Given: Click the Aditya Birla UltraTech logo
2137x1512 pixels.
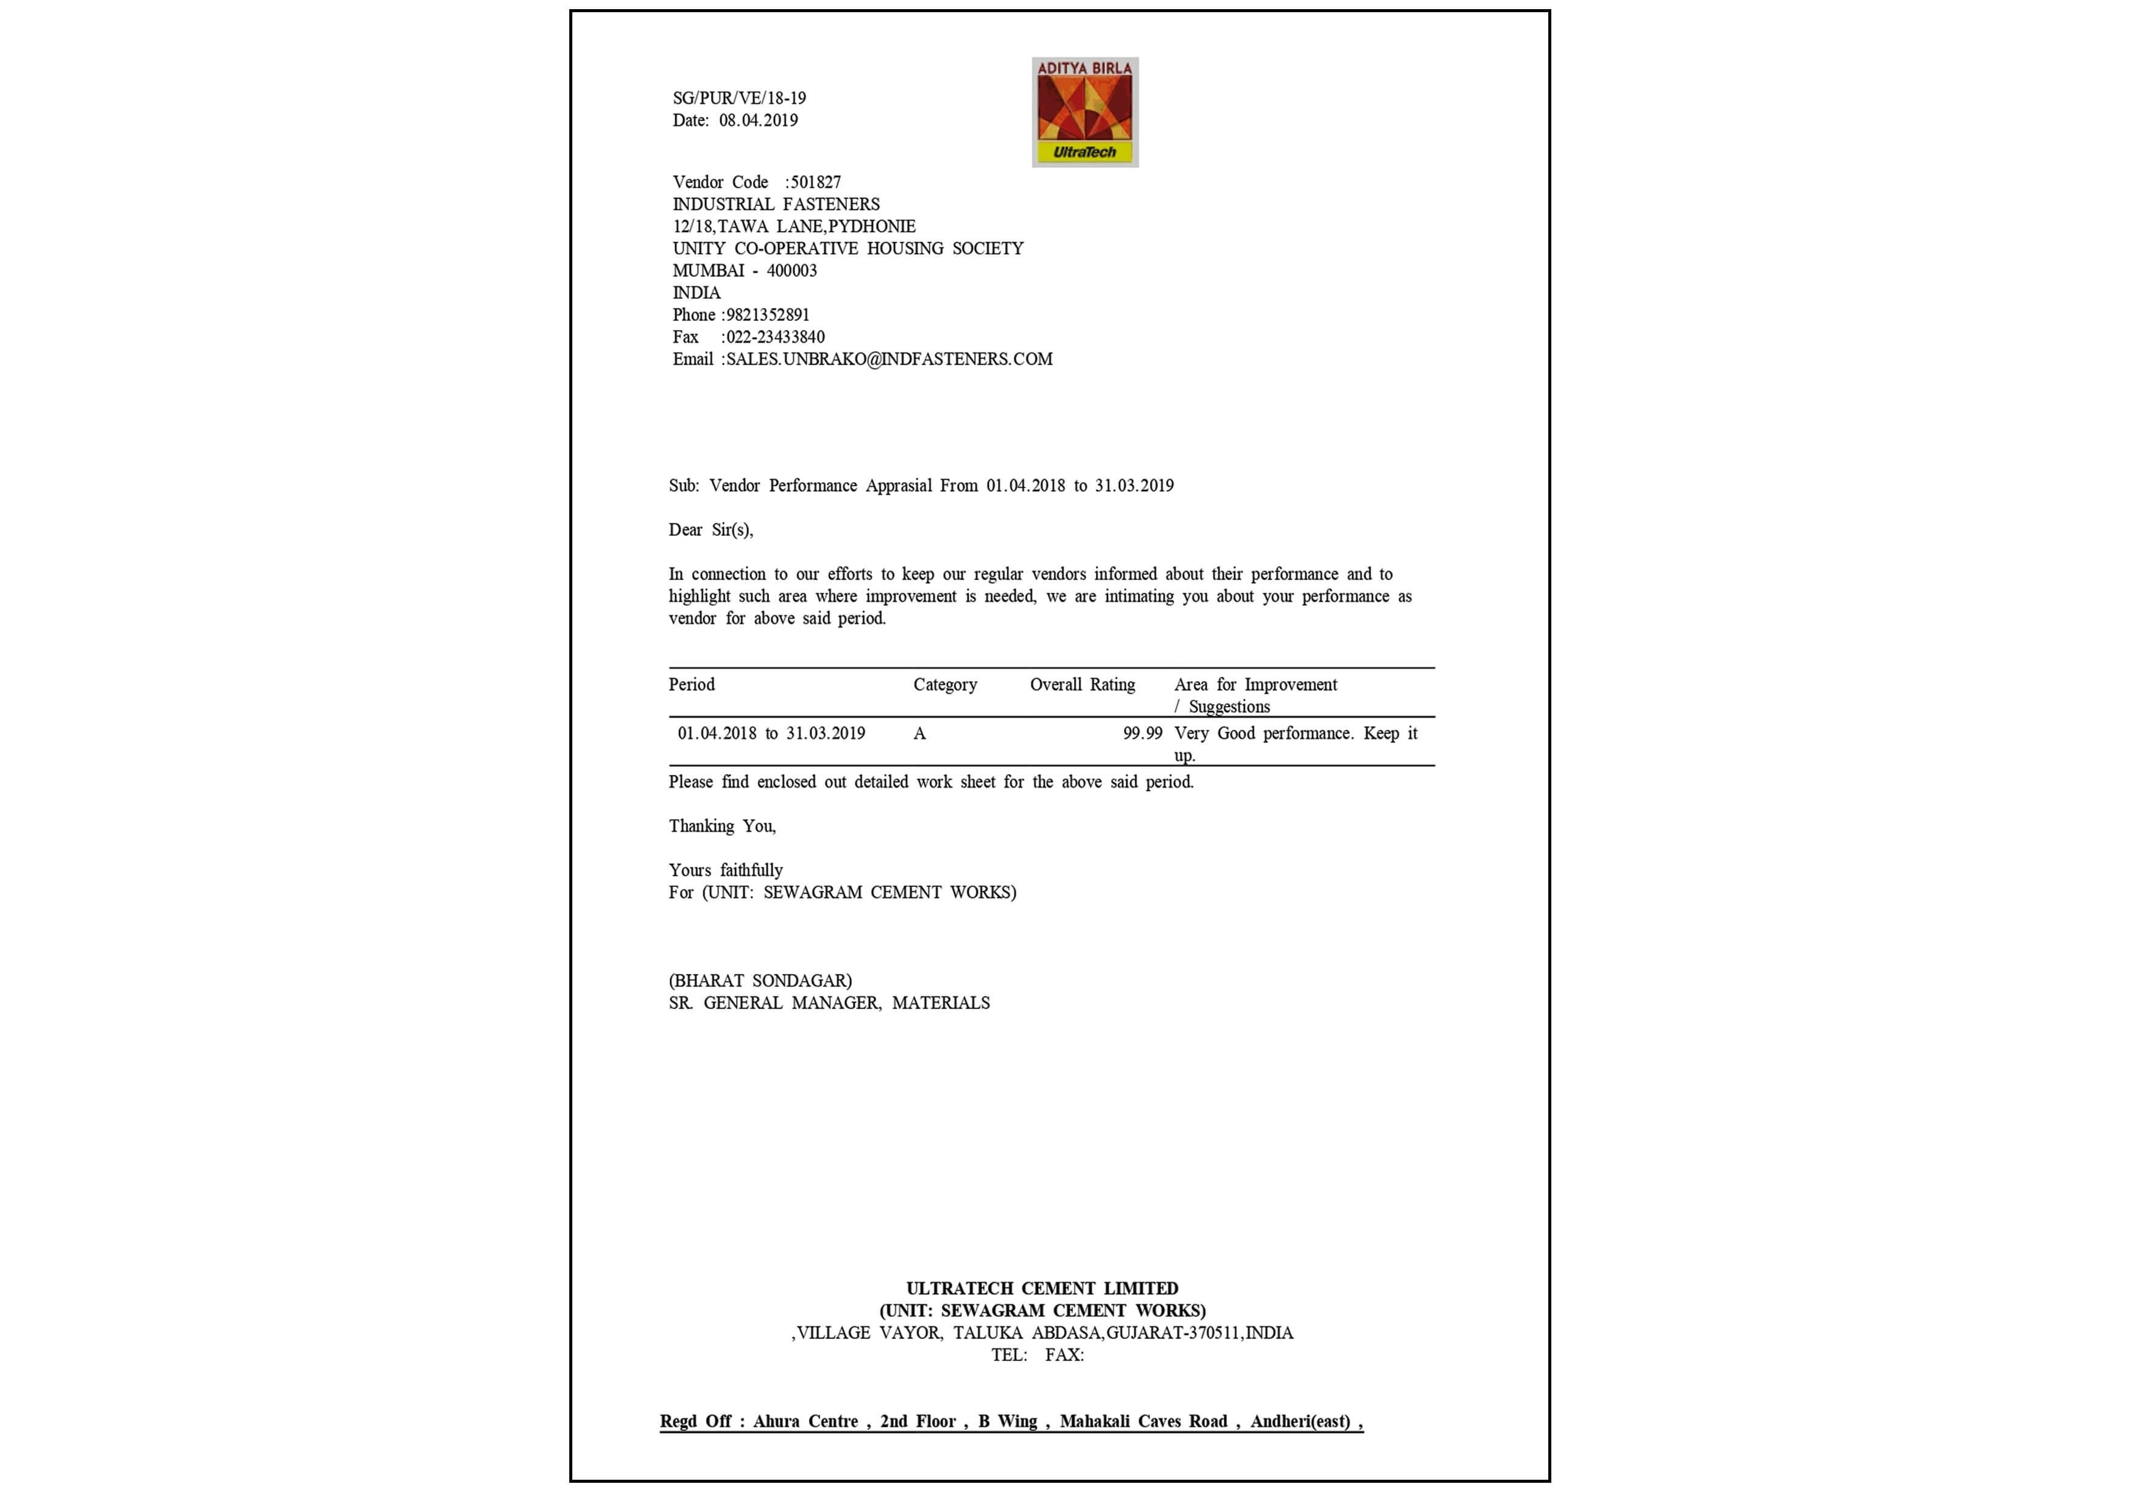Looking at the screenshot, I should pyautogui.click(x=1085, y=112).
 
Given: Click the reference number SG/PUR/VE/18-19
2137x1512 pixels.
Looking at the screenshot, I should pyautogui.click(x=739, y=98).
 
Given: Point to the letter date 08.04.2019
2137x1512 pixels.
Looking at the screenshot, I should pyautogui.click(x=758, y=120).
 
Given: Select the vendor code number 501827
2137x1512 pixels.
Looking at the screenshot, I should pyautogui.click(x=816, y=181).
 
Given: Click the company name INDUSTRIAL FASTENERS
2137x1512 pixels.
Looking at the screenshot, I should pyautogui.click(x=776, y=204).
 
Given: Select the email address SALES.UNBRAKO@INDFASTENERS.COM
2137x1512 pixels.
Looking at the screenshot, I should pyautogui.click(x=890, y=359).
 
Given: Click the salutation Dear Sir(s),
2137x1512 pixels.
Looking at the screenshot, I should pyautogui.click(x=711, y=530).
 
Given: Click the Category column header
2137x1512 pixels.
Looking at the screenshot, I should pyautogui.click(x=945, y=684).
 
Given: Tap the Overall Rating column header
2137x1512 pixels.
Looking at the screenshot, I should pyautogui.click(x=1082, y=684).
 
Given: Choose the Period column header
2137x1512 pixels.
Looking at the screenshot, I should pyautogui.click(x=692, y=684).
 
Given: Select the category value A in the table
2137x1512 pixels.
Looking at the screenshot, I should pyautogui.click(x=919, y=733).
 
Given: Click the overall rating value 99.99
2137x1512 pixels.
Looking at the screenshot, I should pyautogui.click(x=1143, y=733).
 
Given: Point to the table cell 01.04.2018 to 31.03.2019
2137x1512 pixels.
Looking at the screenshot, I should pyautogui.click(x=771, y=733).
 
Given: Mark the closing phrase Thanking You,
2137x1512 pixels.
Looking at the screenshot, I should pyautogui.click(x=721, y=826).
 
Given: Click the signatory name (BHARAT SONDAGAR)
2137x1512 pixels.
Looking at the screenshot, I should pyautogui.click(x=760, y=981).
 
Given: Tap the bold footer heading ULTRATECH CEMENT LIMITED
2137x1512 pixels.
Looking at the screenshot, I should pyautogui.click(x=1042, y=1289).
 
